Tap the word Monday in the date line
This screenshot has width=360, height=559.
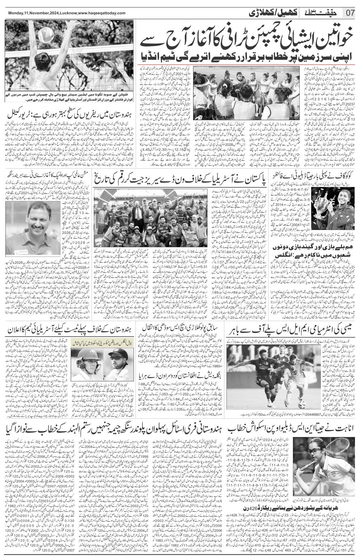pyautogui.click(x=15, y=13)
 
